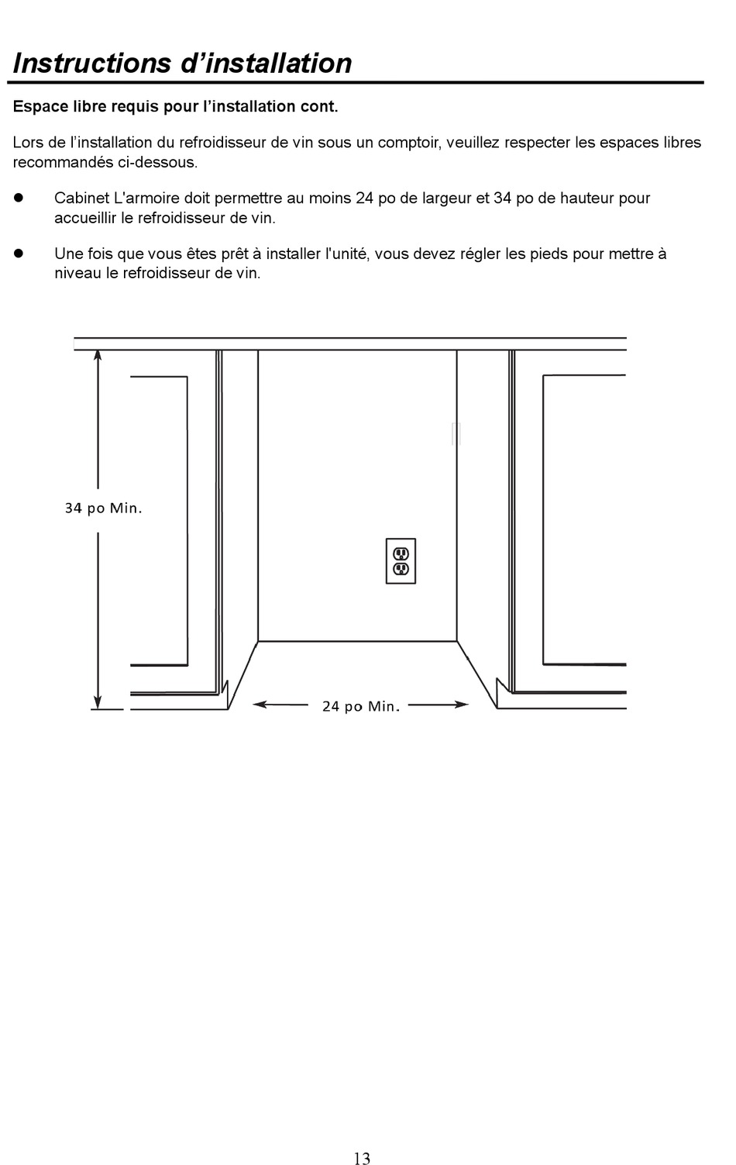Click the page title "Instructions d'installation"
click(183, 63)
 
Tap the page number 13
click(362, 1158)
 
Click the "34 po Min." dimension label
click(103, 508)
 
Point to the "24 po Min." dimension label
click(361, 706)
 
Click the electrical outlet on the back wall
click(401, 560)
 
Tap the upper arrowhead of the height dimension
click(98, 356)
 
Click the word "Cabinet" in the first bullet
click(81, 198)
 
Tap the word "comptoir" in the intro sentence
click(408, 143)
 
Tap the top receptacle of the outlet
click(401, 553)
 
